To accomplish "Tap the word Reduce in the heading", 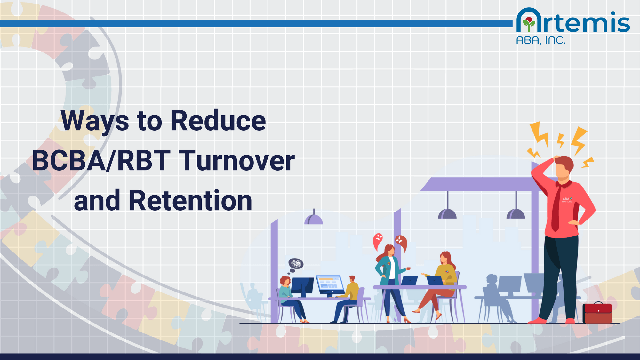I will pos(218,121).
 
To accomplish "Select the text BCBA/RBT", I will pos(101,161).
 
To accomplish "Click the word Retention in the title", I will pos(190,201).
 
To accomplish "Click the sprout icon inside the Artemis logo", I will pos(529,24).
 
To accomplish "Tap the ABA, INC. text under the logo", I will pos(541,40).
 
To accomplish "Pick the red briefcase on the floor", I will pos(597,313).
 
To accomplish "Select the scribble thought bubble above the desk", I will pos(296,264).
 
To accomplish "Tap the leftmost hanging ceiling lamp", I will pos(314,219).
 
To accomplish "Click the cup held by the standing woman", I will pos(408,268).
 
